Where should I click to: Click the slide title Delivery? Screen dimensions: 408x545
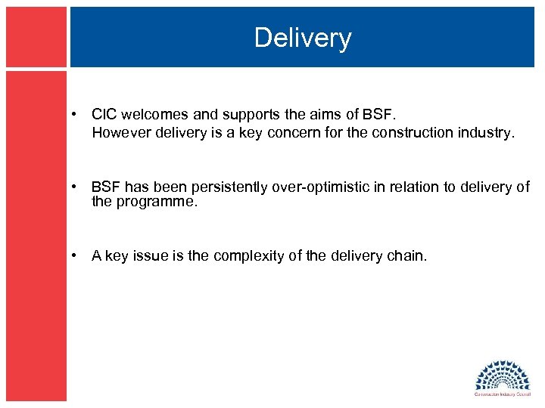pos(303,38)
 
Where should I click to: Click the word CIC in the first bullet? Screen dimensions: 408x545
pos(103,115)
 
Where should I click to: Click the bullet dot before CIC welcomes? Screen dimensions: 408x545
pos(75,116)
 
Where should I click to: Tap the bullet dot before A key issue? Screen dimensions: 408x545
pos(75,257)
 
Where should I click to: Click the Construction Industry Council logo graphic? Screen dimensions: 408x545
pos(503,374)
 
